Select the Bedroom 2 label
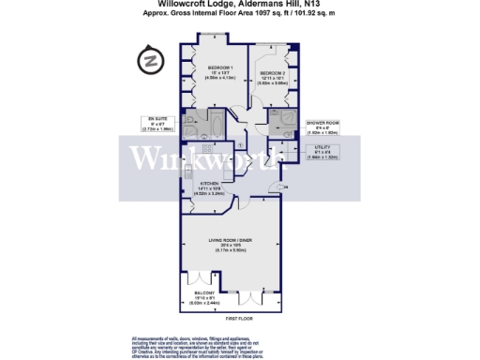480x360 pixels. pyautogui.click(x=273, y=76)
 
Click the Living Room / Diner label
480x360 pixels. pyautogui.click(x=230, y=245)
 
